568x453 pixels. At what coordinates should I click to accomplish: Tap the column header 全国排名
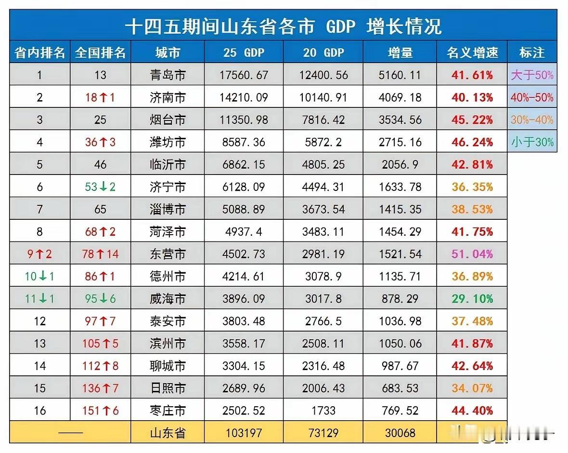(x=100, y=52)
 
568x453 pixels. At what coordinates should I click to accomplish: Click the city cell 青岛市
(x=168, y=75)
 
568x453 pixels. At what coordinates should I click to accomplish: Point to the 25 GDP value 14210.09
(x=244, y=98)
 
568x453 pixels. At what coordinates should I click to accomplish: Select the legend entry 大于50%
(x=532, y=75)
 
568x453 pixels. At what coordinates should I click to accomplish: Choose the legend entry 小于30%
(x=532, y=142)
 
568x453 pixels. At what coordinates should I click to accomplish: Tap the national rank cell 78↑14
(x=100, y=254)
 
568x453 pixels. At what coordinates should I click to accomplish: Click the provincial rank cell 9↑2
(x=39, y=254)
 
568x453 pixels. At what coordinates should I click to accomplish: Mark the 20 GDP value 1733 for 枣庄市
(x=323, y=411)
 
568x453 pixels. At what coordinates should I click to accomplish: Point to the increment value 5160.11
(x=400, y=75)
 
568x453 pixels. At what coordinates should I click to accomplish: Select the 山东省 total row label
(x=168, y=433)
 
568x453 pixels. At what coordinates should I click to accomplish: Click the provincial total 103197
(x=244, y=433)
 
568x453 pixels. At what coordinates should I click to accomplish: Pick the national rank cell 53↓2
(x=100, y=187)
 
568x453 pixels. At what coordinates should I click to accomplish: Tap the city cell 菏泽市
(x=168, y=232)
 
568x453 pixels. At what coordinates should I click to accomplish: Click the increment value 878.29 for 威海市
(x=400, y=299)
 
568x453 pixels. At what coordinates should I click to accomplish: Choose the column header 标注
(x=532, y=52)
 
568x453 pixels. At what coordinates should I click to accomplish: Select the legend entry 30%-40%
(x=532, y=120)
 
